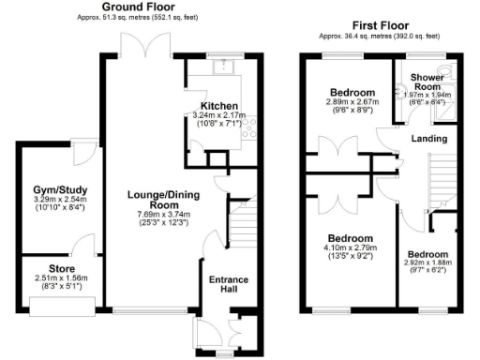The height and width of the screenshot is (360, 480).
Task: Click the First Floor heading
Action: pos(379,25)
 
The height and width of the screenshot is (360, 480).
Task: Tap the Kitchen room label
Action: pos(218,105)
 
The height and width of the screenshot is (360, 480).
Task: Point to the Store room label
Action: pos(55,264)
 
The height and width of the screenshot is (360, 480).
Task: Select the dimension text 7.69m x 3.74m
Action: pos(152,213)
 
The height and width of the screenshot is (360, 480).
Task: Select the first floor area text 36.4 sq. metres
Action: pos(379,36)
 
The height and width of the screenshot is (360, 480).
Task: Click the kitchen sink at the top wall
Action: pos(225,66)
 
